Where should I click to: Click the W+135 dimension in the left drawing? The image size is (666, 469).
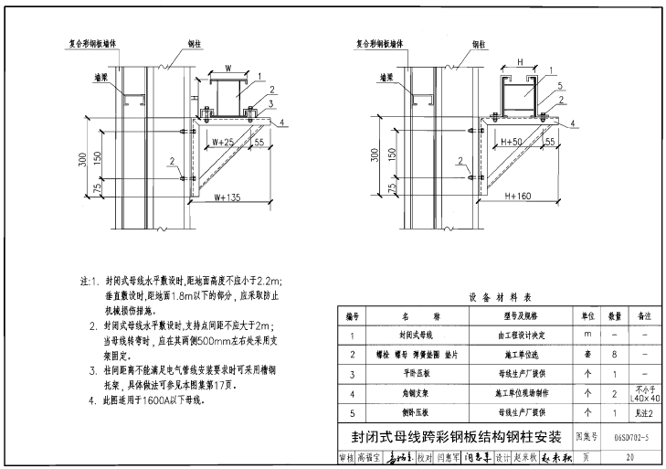click(228, 196)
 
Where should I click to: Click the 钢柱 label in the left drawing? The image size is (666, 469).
click(195, 43)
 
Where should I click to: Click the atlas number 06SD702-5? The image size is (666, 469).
click(632, 438)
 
